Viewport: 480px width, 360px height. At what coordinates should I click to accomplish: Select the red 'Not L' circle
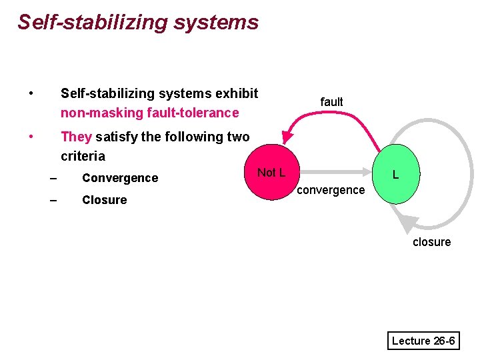[271, 173]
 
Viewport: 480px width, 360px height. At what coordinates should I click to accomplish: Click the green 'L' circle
[396, 175]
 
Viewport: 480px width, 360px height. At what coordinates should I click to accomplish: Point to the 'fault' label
[331, 102]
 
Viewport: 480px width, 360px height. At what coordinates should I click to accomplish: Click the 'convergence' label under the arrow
[331, 190]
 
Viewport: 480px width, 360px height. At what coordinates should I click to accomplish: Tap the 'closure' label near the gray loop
[431, 242]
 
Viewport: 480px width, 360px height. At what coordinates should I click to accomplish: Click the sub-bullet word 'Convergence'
[120, 178]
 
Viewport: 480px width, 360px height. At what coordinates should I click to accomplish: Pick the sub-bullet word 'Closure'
[104, 200]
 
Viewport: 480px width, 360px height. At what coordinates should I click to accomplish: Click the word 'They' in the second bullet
[76, 137]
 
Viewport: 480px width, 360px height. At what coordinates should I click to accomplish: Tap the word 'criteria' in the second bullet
[83, 156]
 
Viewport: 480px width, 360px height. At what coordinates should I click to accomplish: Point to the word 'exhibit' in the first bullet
[237, 93]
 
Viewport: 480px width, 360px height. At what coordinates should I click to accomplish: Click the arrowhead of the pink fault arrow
[287, 137]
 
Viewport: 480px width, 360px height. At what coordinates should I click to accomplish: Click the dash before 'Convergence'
[53, 178]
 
